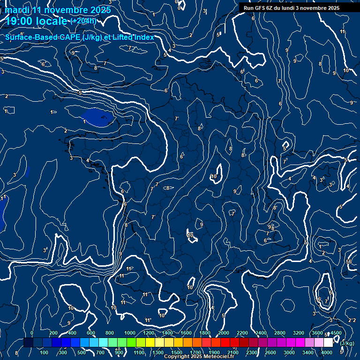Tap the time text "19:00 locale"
click(37, 21)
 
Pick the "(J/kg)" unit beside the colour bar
click(347, 343)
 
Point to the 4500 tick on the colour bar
click(336, 333)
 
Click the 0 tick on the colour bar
click(32, 333)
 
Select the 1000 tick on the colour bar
click(130, 333)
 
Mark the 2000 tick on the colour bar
click(224, 333)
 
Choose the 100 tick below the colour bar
click(45, 352)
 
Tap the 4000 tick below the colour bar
click(326, 352)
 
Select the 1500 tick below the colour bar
click(177, 352)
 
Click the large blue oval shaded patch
click(97, 117)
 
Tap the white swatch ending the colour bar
click(328, 343)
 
